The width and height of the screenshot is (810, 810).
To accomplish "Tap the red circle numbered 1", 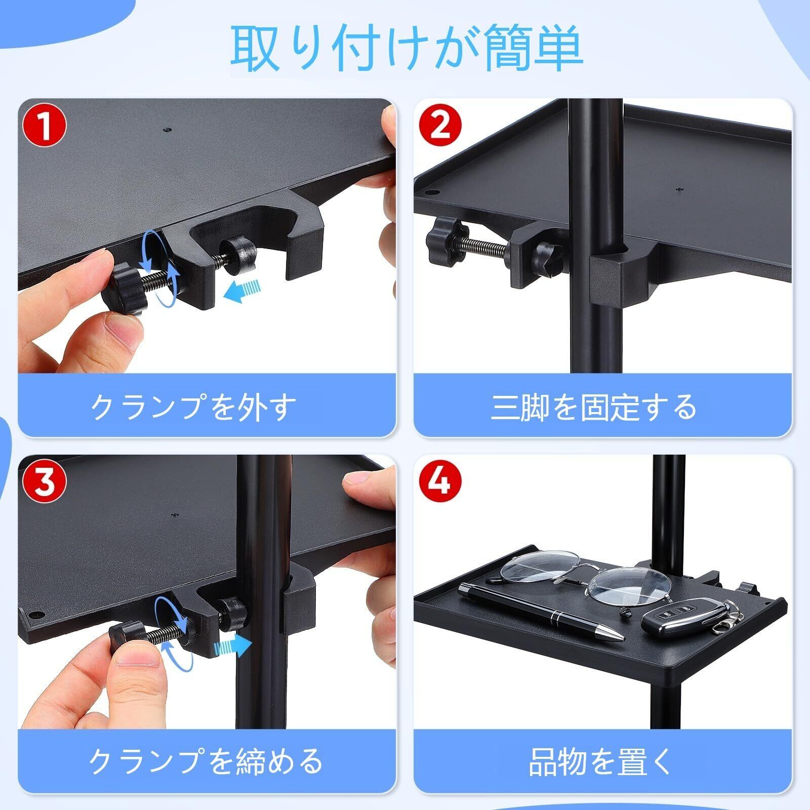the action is [45, 127].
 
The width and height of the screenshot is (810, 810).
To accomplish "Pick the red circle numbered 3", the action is [45, 482].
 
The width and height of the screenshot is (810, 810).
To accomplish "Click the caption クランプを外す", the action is [193, 407].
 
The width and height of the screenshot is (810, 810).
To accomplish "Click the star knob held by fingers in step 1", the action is [125, 288].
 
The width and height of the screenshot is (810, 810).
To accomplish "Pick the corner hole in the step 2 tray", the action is [431, 193].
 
